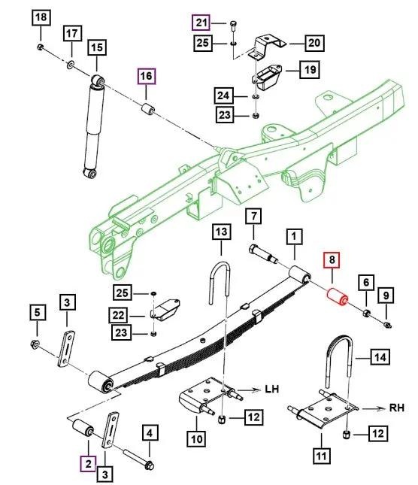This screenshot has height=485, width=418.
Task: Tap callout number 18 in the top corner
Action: coord(41,17)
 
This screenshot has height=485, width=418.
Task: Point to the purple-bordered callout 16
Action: coord(144,76)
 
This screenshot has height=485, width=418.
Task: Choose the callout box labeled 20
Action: coord(315,43)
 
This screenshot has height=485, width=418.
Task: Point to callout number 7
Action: coord(253,217)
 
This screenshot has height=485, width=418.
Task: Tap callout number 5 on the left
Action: coord(36,311)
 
